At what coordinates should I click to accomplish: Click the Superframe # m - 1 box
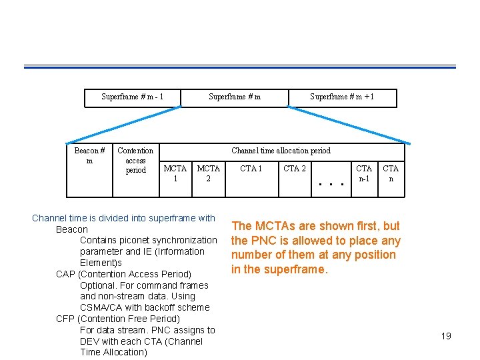pyautogui.click(x=132, y=97)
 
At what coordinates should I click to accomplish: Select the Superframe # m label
pyautogui.click(x=235, y=97)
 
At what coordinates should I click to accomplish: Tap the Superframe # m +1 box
pyautogui.click(x=342, y=97)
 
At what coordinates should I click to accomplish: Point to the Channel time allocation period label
pyautogui.click(x=281, y=151)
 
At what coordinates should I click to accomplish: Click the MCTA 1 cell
pyautogui.click(x=175, y=174)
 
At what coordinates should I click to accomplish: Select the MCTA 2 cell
pyautogui.click(x=208, y=174)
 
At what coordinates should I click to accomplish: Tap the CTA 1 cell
pyautogui.click(x=251, y=169)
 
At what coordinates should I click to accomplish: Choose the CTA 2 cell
pyautogui.click(x=295, y=169)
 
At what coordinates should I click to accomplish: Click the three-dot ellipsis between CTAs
pyautogui.click(x=333, y=184)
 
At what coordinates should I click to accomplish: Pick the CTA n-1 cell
pyautogui.click(x=364, y=174)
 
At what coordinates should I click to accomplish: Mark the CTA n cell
pyautogui.click(x=391, y=174)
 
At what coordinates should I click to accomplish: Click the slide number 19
pyautogui.click(x=446, y=336)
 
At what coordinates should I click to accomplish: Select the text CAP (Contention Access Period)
pyautogui.click(x=123, y=274)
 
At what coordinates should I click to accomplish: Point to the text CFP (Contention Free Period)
pyautogui.click(x=118, y=319)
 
